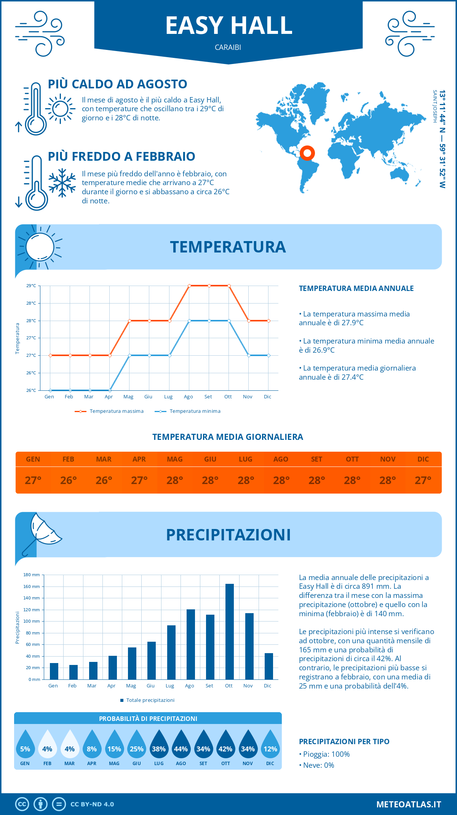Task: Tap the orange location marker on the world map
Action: pyautogui.click(x=307, y=153)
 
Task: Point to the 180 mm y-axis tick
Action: pyautogui.click(x=32, y=575)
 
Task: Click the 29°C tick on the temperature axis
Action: pyautogui.click(x=31, y=286)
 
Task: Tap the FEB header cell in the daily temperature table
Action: pyautogui.click(x=69, y=459)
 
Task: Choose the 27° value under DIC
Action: pyautogui.click(x=423, y=480)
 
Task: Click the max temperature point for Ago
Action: pyautogui.click(x=189, y=286)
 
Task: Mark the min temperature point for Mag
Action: pyautogui.click(x=129, y=355)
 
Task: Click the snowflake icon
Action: pyautogui.click(x=62, y=183)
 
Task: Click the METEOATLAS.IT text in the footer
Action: pyautogui.click(x=409, y=804)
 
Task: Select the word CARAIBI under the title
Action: pyautogui.click(x=228, y=47)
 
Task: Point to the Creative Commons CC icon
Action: pyautogui.click(x=22, y=804)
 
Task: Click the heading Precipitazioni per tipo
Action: pyautogui.click(x=344, y=741)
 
